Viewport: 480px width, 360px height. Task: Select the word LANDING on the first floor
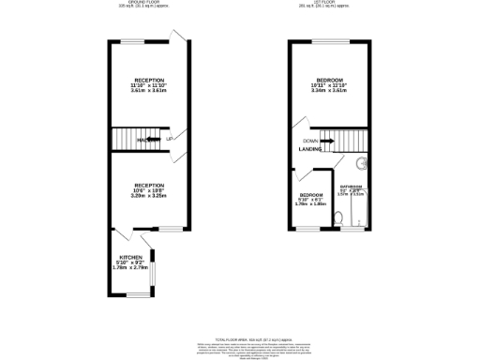[x=310, y=148]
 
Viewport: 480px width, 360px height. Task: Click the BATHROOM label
[x=352, y=186]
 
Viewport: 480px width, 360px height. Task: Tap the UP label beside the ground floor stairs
[x=170, y=140]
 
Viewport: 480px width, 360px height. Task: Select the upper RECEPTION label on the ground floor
[x=149, y=81]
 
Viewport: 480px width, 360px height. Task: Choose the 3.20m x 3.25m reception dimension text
[x=148, y=197]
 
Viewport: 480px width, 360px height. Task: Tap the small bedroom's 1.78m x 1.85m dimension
[x=310, y=203]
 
